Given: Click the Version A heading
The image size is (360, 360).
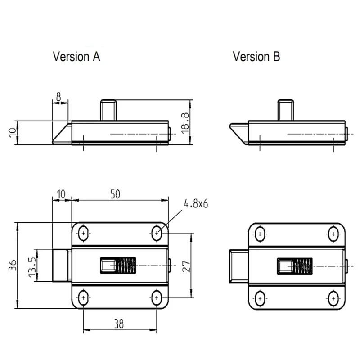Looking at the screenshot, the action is (x=76, y=57).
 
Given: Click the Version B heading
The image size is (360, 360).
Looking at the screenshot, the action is (x=256, y=57).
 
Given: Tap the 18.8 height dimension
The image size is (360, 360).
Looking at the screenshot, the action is (x=185, y=123).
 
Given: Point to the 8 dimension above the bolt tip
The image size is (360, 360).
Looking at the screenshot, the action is (x=59, y=97).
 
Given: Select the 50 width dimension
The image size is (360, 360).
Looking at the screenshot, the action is (x=115, y=194).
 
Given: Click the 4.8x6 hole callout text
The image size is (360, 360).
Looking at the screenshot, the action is (x=196, y=204).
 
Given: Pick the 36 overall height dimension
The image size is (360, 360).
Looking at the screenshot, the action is (x=13, y=265).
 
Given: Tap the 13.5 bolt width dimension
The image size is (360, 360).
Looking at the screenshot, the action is (x=32, y=267).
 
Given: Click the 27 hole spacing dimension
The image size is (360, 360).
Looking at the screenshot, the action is (x=186, y=266).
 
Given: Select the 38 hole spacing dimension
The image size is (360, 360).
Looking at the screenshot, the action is (x=119, y=324).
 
